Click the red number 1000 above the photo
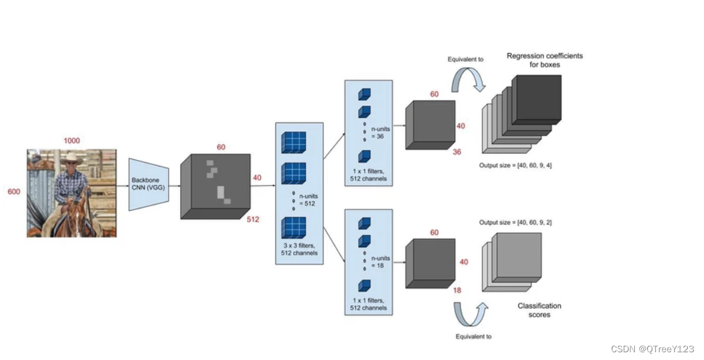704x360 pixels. (x=71, y=141)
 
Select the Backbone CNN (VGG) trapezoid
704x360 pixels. (x=148, y=185)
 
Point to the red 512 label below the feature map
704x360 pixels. (x=253, y=219)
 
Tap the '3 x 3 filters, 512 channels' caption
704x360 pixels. (x=299, y=249)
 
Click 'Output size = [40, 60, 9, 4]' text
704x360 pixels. (x=515, y=166)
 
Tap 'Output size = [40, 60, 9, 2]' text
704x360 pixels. (x=515, y=223)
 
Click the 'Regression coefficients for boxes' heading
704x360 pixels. (x=544, y=60)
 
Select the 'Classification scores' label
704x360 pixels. (x=539, y=310)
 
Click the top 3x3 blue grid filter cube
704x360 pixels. (x=294, y=142)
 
